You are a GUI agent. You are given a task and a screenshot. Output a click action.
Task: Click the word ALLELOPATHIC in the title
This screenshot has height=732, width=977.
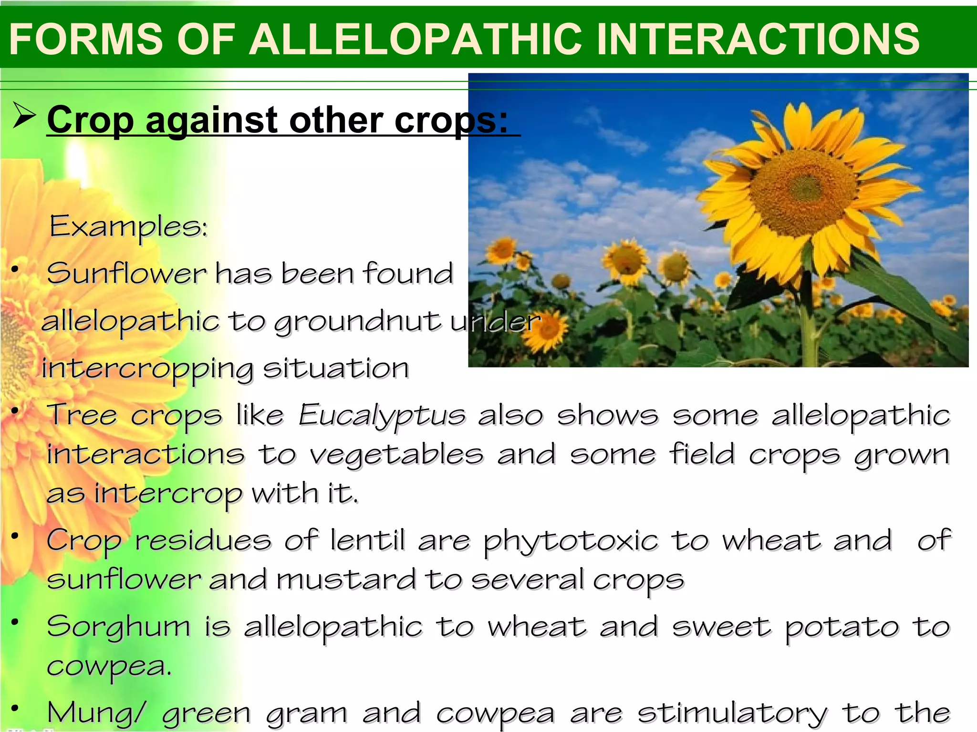(x=416, y=39)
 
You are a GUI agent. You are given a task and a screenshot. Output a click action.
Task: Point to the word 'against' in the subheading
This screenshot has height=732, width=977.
(x=211, y=121)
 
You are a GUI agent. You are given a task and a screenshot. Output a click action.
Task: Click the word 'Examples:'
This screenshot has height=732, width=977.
(x=129, y=226)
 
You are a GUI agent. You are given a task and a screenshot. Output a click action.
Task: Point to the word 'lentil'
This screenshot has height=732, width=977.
(x=367, y=541)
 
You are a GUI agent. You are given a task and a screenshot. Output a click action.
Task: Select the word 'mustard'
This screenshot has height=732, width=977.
(x=346, y=580)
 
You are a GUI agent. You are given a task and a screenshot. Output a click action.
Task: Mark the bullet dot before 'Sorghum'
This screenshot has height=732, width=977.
(x=15, y=621)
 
